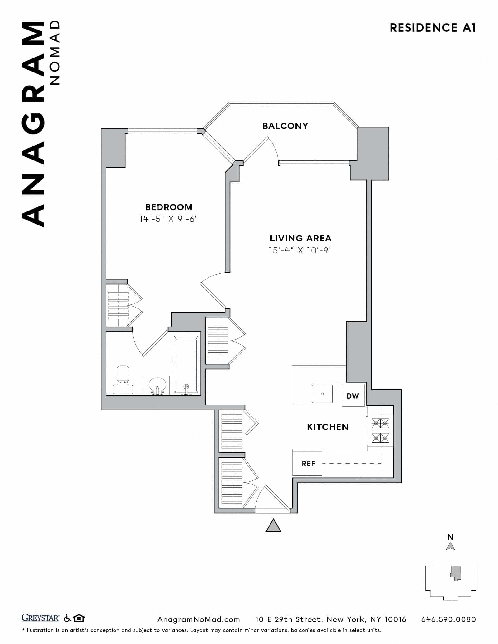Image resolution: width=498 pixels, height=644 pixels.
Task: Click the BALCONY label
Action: pyautogui.click(x=285, y=126)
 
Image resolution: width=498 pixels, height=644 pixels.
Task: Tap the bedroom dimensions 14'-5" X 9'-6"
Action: pyautogui.click(x=168, y=219)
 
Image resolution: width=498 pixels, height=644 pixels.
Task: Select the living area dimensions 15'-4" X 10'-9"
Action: pyautogui.click(x=300, y=250)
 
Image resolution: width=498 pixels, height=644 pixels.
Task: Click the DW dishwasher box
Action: pyautogui.click(x=353, y=396)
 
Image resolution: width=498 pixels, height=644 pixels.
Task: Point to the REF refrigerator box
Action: pyautogui.click(x=308, y=464)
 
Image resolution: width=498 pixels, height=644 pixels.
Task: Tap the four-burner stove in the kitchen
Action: pyautogui.click(x=380, y=431)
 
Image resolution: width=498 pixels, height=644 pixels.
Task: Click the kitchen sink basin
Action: pyautogui.click(x=322, y=394)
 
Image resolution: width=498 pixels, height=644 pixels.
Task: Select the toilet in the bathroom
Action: pyautogui.click(x=123, y=381)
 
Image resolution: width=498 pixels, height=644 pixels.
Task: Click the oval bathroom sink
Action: pyautogui.click(x=157, y=385)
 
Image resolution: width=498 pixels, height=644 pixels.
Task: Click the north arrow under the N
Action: pyautogui.click(x=450, y=546)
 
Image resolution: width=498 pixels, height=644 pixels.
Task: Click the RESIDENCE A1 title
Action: pyautogui.click(x=433, y=28)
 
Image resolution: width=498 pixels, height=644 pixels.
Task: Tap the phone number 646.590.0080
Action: pyautogui.click(x=449, y=619)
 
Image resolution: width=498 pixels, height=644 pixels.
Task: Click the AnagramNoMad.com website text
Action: pyautogui.click(x=199, y=619)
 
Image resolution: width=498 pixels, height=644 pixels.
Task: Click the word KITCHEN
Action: pyautogui.click(x=327, y=427)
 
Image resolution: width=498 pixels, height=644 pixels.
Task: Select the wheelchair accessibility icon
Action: pyautogui.click(x=67, y=618)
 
